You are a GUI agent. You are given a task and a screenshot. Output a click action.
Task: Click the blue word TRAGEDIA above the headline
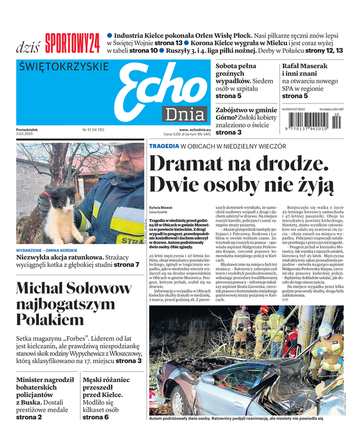163,147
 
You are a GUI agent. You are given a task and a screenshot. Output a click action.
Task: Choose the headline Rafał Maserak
305,66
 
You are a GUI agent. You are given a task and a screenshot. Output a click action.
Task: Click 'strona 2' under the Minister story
29,417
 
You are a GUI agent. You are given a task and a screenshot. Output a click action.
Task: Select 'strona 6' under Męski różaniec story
95,417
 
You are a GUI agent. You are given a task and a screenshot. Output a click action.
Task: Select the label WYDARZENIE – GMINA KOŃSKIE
50,250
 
